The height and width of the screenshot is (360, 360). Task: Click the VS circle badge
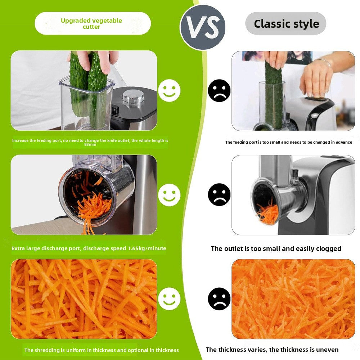(x=203, y=27)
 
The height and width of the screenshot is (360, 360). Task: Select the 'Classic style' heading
(x=286, y=24)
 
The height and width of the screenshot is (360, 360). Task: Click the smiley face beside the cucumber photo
(x=169, y=90)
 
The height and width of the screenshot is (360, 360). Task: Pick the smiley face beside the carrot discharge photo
(x=169, y=195)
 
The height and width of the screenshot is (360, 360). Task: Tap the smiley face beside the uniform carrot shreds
(x=169, y=299)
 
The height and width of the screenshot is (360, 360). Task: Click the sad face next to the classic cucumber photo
(x=219, y=90)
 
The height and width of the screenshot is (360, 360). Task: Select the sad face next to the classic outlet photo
(x=219, y=195)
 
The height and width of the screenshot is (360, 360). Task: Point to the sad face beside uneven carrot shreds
(x=219, y=299)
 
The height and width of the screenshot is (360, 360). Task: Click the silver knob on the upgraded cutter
(x=133, y=96)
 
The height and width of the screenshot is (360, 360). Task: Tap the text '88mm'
(x=90, y=144)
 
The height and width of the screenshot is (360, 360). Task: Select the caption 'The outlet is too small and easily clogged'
(x=276, y=248)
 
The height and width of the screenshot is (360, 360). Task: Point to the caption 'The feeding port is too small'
(x=288, y=142)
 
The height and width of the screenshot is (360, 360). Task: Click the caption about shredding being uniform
(x=101, y=350)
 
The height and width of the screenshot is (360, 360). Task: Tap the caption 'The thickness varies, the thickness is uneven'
(x=272, y=350)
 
